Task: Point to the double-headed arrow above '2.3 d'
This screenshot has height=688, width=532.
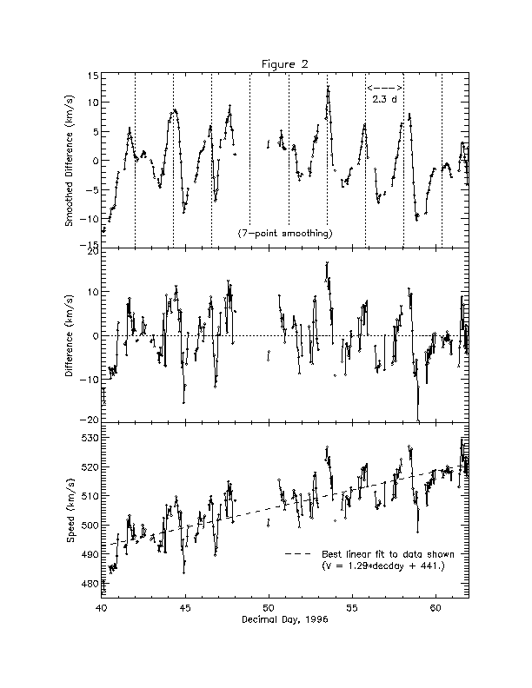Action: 384,89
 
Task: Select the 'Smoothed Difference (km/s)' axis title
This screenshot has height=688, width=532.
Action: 70,162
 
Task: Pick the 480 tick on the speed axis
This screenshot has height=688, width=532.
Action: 90,584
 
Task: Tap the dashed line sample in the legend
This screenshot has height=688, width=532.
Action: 298,554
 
